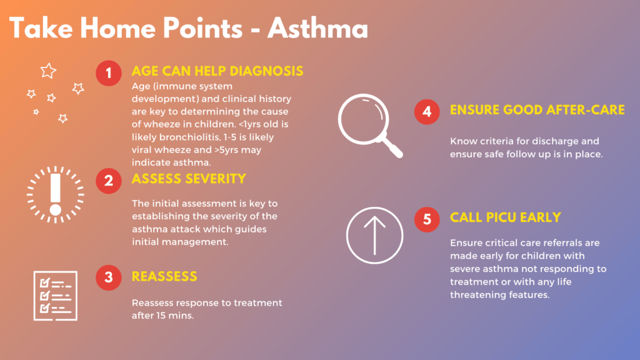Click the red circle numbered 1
(x=109, y=73)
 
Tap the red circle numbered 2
(x=109, y=181)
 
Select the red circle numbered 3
(x=109, y=277)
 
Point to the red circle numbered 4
(x=427, y=111)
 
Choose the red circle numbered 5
(x=427, y=219)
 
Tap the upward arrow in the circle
(x=375, y=236)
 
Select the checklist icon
(x=56, y=296)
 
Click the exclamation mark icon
(x=56, y=195)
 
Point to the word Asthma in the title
(x=318, y=29)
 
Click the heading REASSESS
(x=164, y=277)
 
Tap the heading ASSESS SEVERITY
(x=189, y=179)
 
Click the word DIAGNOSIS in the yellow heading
(x=266, y=71)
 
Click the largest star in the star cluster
(x=48, y=71)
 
